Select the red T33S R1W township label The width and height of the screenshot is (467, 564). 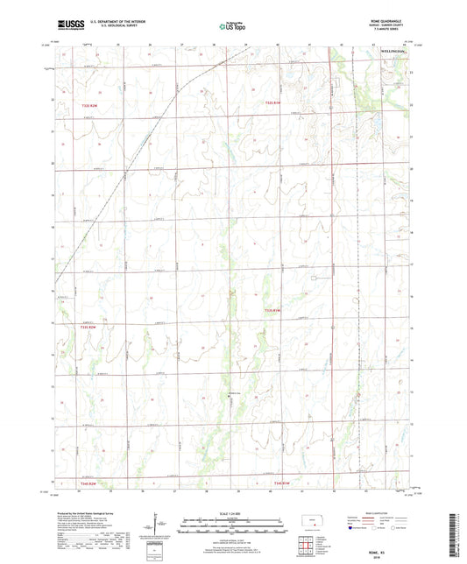[276, 309]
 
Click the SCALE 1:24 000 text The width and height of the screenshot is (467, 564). [233, 511]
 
